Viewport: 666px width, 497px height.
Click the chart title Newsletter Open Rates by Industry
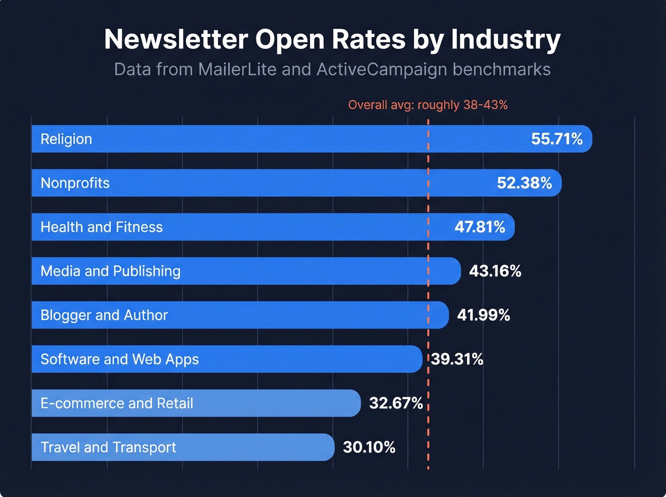332,39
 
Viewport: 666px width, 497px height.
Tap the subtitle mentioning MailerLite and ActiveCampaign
332,69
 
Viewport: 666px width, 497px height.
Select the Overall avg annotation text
428,105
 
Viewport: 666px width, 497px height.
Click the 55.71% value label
557,139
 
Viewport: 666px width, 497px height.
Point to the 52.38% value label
524,183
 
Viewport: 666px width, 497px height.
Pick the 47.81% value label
480,227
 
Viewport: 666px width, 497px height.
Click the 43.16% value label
495,271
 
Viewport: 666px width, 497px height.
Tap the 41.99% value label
483,315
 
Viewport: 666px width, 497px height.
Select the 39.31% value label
457,359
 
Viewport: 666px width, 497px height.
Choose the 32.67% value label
396,403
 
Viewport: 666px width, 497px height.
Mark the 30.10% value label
369,447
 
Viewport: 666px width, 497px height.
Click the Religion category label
66,139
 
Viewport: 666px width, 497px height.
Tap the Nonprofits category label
75,183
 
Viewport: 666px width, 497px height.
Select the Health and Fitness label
101,227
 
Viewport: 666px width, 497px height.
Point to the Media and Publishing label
110,271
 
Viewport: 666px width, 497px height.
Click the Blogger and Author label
104,315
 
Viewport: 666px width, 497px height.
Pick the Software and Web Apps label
119,359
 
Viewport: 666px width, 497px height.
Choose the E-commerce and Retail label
117,403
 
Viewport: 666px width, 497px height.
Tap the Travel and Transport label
108,447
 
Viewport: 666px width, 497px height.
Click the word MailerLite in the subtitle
237,69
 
